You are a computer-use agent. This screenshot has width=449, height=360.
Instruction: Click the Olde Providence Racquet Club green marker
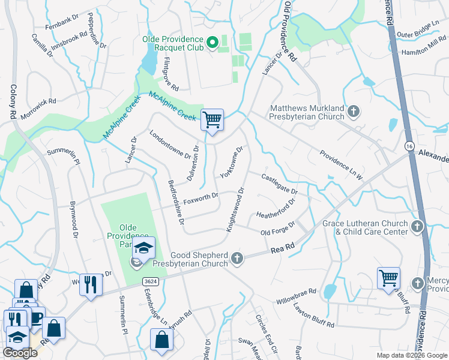(211, 43)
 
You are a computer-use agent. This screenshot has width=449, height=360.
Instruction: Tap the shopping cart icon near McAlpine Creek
(212, 119)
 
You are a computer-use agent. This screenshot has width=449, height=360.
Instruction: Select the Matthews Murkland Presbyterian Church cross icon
(354, 111)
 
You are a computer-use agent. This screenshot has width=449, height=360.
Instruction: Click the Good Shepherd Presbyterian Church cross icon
(237, 259)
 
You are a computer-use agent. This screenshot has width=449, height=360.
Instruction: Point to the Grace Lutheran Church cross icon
(418, 226)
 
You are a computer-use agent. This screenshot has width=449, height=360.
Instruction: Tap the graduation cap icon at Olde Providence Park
(143, 248)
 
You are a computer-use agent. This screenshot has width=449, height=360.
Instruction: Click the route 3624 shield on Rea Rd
(151, 281)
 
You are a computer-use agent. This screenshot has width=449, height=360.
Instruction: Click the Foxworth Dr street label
(200, 196)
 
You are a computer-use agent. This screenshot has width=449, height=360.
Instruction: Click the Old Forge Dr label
(277, 229)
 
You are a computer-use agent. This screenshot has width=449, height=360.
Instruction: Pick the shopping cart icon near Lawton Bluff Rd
(388, 278)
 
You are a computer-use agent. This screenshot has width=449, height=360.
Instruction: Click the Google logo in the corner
(20, 353)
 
